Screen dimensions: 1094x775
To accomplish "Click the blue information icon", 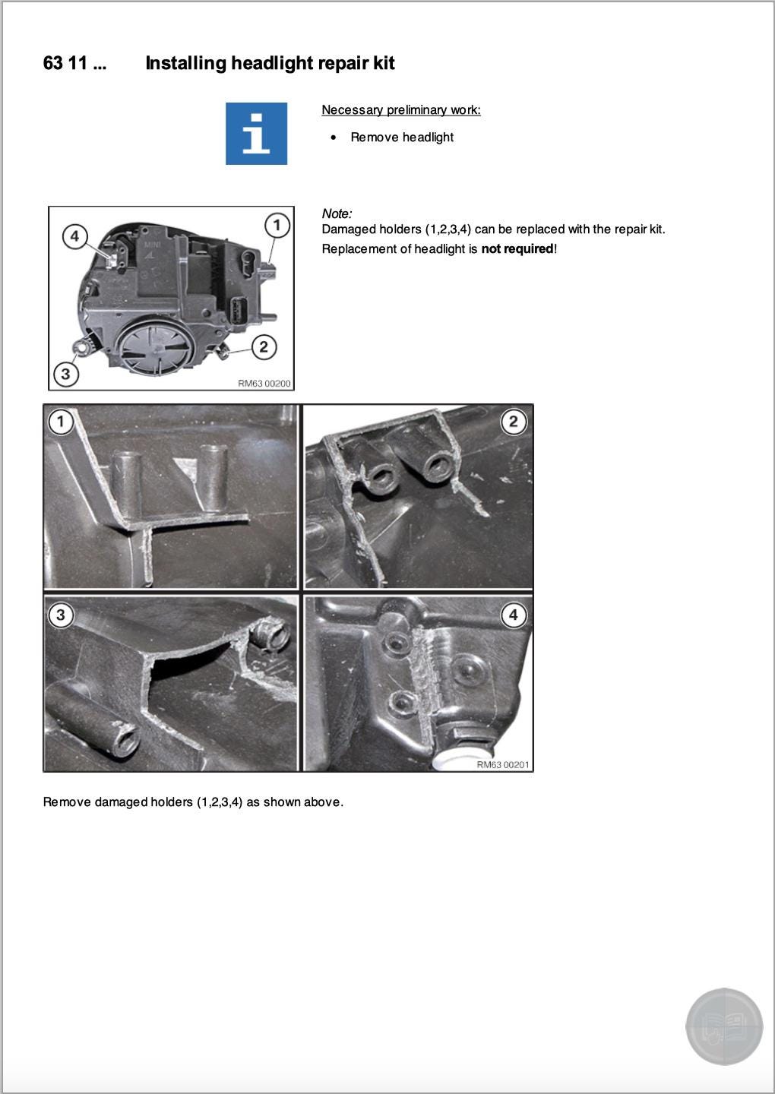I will (256, 134).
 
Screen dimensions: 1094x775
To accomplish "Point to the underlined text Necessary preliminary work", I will (400, 110).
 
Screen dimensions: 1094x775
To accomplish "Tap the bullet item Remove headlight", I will (401, 138).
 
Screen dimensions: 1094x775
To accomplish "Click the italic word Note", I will (336, 213).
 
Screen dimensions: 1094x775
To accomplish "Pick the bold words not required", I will (517, 249).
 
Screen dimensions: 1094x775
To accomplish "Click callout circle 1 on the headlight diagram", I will (277, 225).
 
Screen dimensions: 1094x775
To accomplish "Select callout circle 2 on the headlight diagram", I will (263, 347).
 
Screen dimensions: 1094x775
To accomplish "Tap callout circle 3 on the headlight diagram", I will (66, 374).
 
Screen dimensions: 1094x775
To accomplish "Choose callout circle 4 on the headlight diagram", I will (74, 236).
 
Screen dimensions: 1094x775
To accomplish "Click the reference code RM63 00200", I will (264, 384).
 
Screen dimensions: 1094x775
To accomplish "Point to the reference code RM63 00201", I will (502, 764).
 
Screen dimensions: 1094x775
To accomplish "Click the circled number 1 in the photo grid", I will (61, 421).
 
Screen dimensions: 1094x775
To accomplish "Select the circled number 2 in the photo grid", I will (514, 421).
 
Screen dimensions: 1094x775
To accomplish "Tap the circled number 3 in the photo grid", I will (61, 615).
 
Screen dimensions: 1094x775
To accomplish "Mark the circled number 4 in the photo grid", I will (514, 615).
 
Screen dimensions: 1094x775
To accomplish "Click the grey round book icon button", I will (723, 1026).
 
